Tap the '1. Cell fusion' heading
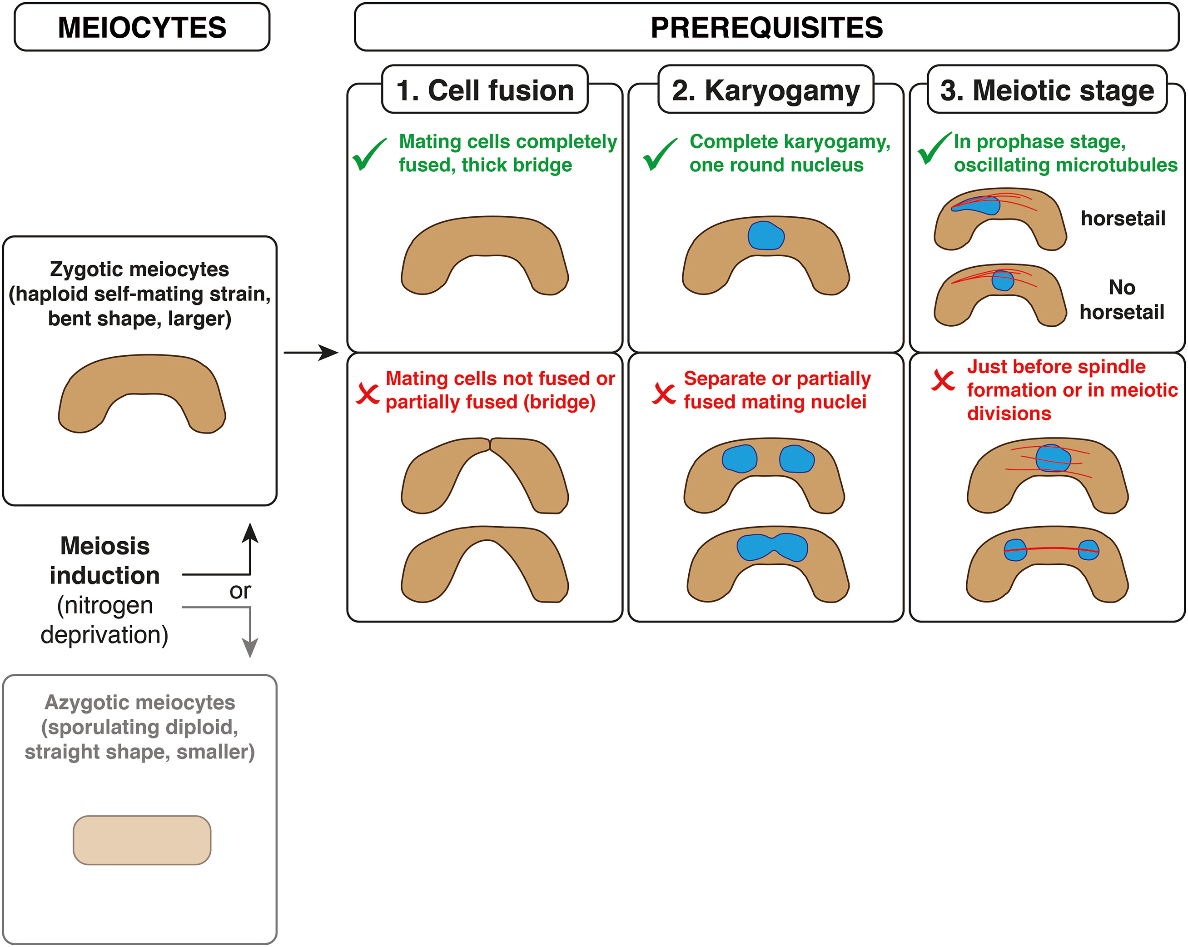(485, 90)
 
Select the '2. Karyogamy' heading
(766, 90)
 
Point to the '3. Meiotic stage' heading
(1047, 90)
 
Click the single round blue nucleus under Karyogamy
(766, 236)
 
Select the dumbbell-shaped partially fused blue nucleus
(772, 548)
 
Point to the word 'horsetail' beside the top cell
(1123, 218)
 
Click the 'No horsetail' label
(1121, 299)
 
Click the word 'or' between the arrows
(240, 591)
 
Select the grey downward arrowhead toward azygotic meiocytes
(250, 648)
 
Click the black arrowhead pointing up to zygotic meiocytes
(250, 533)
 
